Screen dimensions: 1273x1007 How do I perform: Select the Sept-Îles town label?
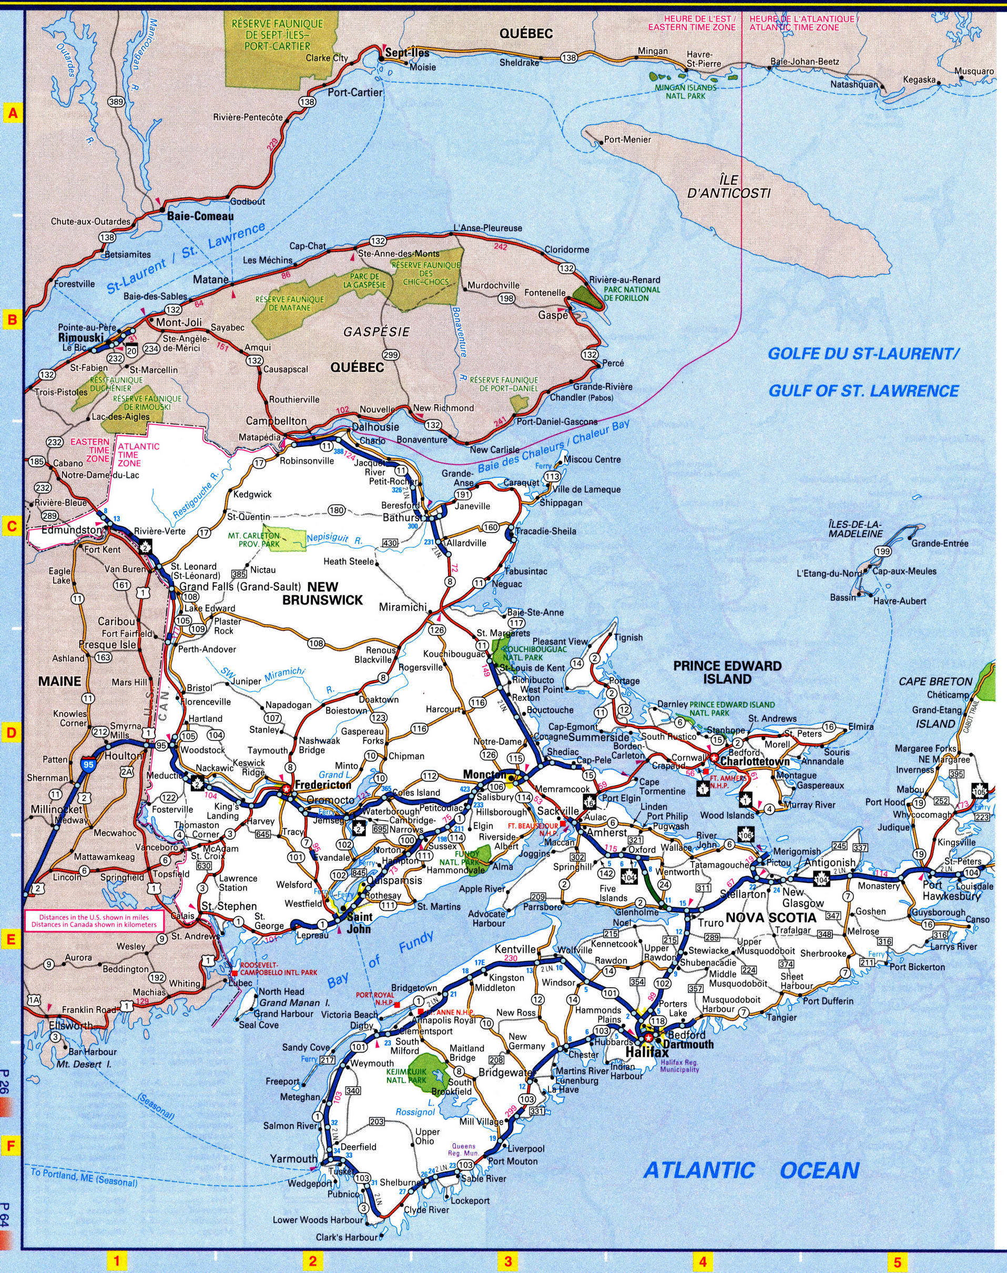click(x=406, y=53)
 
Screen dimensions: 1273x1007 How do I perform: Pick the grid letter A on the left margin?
click(x=12, y=113)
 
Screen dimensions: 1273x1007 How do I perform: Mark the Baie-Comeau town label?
click(x=192, y=216)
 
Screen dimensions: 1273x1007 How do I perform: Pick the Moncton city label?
click(x=482, y=774)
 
